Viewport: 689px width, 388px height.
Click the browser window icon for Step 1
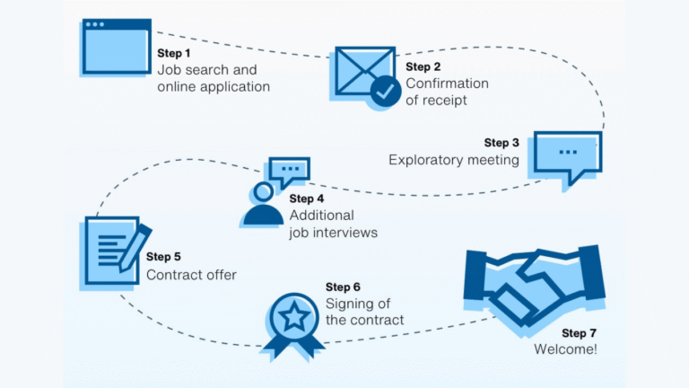click(x=116, y=46)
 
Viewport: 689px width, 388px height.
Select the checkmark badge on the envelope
click(x=387, y=91)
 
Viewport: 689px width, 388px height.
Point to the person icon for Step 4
click(x=263, y=207)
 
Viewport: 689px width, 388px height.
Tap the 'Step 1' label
click(x=175, y=53)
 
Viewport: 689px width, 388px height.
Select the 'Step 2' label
click(x=423, y=66)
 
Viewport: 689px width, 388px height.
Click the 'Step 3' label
click(x=501, y=143)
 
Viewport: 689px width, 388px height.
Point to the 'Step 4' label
click(x=307, y=198)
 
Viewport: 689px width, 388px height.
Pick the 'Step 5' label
click(x=163, y=258)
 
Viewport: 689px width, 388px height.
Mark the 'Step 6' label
click(x=343, y=287)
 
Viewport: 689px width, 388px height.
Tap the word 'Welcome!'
click(x=565, y=349)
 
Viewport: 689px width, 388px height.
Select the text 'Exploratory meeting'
click(x=453, y=160)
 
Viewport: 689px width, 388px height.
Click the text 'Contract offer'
click(x=191, y=275)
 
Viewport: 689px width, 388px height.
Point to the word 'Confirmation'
click(x=447, y=84)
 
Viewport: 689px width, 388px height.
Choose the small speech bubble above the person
click(x=288, y=169)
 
